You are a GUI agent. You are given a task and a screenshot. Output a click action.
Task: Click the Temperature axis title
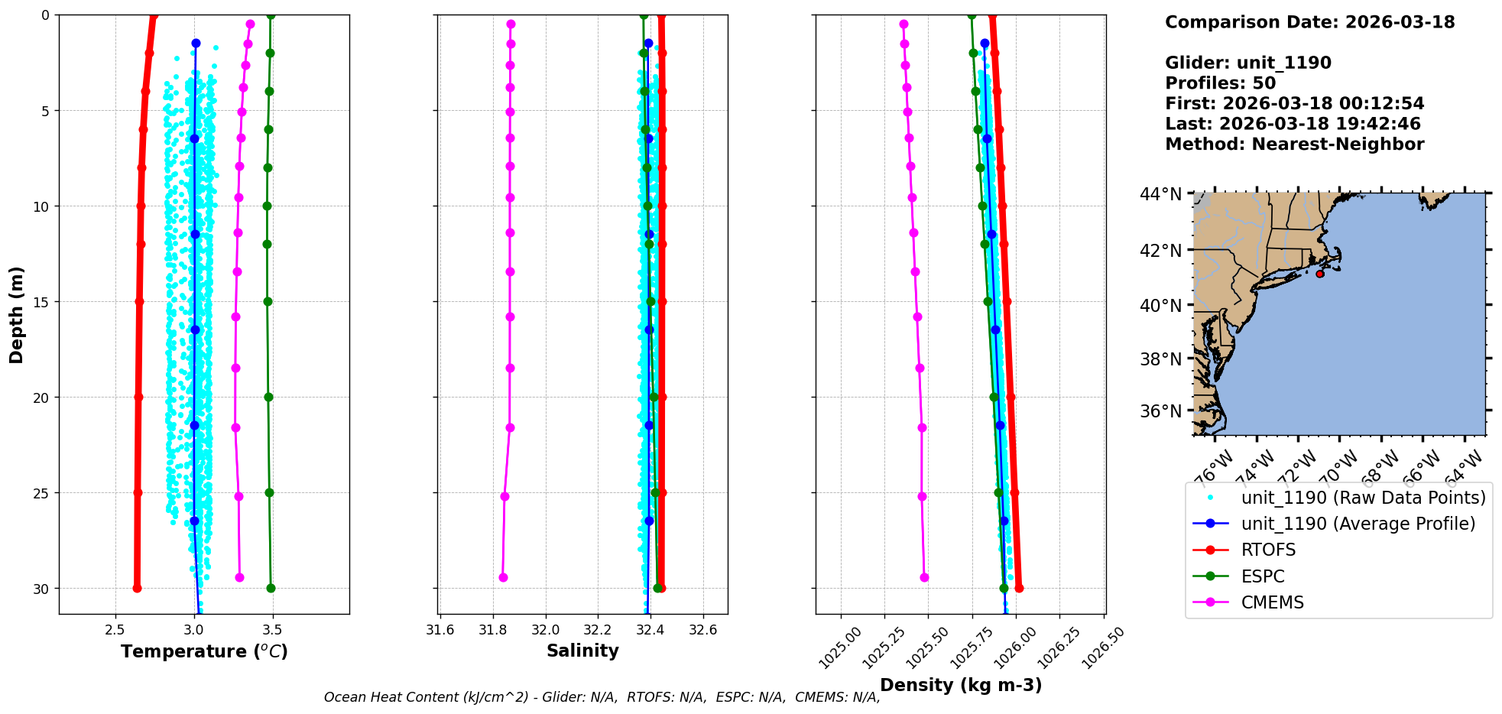[x=204, y=651]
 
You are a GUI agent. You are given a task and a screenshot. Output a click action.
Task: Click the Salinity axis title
[x=582, y=651]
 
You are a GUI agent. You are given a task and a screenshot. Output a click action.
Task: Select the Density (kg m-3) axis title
[x=961, y=685]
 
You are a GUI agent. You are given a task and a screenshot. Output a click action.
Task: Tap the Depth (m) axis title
[x=17, y=314]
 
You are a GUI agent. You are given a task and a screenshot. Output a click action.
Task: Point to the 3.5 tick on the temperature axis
[x=272, y=630]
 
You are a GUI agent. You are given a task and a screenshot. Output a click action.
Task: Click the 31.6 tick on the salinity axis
[x=440, y=630]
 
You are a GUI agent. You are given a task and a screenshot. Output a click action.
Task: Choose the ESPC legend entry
[x=1262, y=576]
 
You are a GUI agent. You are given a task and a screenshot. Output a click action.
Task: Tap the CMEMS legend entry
[x=1272, y=602]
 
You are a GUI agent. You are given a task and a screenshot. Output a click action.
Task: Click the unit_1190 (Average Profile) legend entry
[x=1358, y=524]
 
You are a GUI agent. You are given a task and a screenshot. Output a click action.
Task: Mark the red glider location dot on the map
[x=1319, y=274]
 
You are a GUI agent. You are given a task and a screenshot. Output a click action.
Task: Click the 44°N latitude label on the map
[x=1160, y=194]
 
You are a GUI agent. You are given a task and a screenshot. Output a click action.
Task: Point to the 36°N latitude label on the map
[x=1160, y=411]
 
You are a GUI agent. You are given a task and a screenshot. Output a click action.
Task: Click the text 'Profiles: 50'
[x=1220, y=83]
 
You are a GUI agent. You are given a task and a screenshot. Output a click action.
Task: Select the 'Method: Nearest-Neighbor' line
[x=1294, y=144]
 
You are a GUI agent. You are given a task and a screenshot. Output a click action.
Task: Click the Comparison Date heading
[x=1309, y=22]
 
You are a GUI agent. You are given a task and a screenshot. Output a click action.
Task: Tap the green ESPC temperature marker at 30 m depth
[x=271, y=588]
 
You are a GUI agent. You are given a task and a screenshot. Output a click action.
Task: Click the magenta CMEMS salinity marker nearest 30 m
[x=503, y=577]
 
